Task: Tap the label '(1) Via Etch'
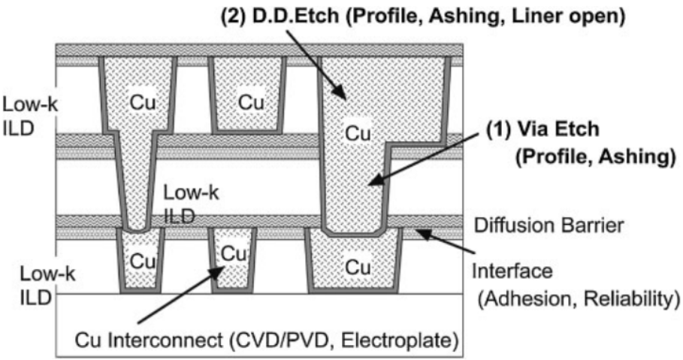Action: coord(553,129)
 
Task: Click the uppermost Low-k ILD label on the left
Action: coord(25,110)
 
